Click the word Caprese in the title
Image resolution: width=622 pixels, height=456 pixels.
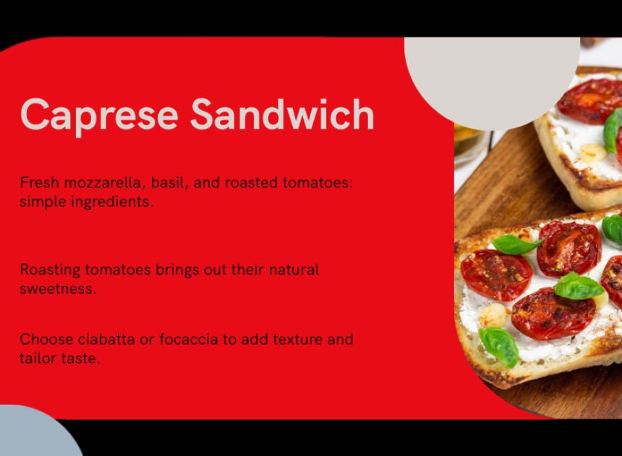(99, 115)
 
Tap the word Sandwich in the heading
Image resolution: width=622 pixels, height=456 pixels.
(283, 114)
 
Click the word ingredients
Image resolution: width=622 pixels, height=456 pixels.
(112, 202)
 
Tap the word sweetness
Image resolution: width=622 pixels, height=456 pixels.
(59, 289)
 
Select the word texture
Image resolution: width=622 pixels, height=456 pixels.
(297, 339)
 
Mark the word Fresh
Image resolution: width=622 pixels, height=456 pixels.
(39, 182)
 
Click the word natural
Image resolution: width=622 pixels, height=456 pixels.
(294, 270)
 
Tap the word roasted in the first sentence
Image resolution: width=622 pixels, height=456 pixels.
(252, 183)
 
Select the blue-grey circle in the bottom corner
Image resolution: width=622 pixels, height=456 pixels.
(38, 431)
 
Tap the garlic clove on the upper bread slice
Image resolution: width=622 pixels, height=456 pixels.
(592, 153)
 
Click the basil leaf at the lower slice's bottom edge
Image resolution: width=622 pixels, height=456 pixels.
(500, 347)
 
